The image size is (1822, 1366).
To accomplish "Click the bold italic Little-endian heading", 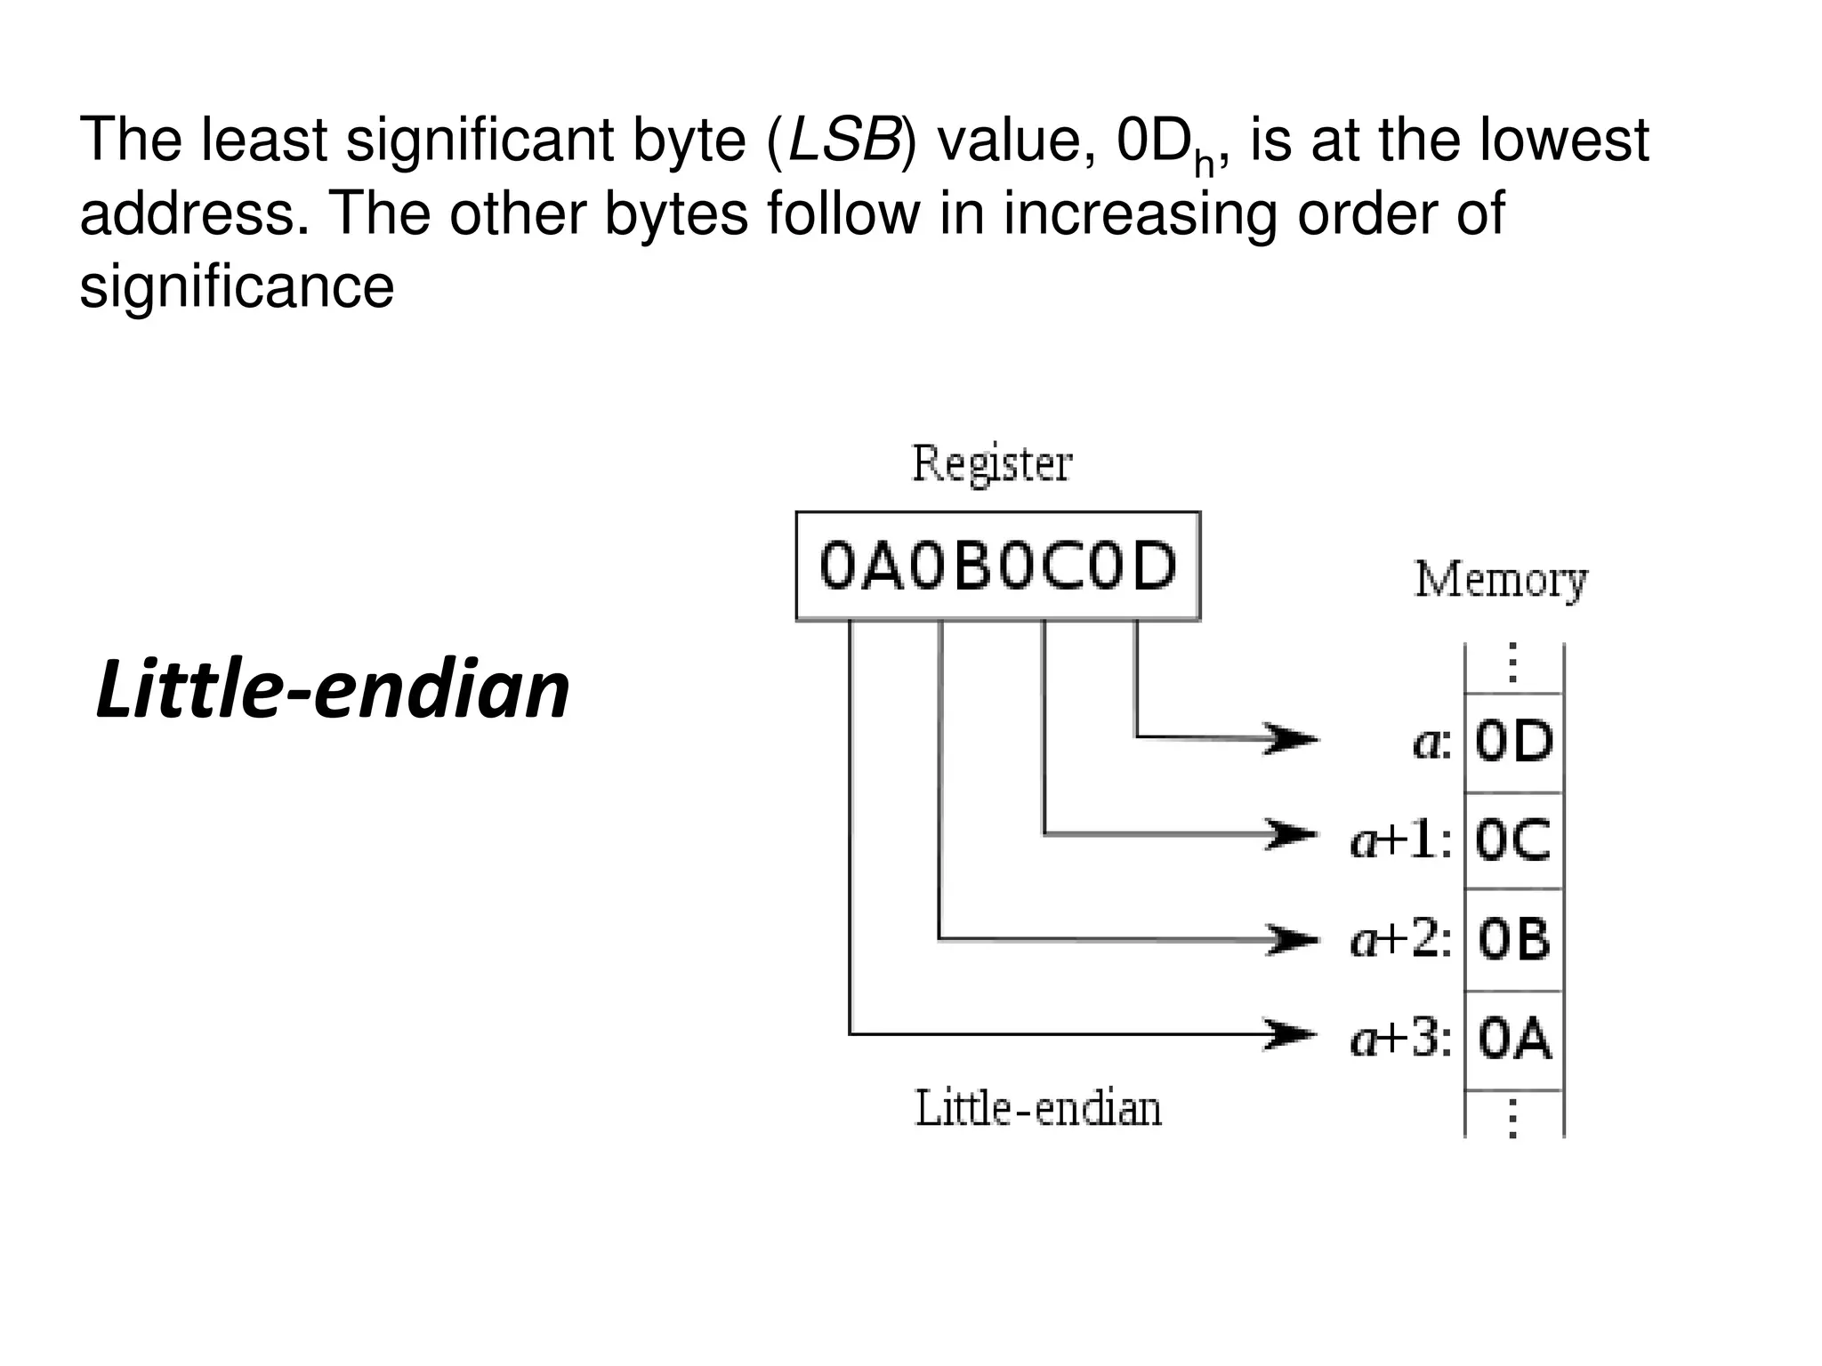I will pyautogui.click(x=332, y=690).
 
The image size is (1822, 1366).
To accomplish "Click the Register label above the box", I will pyautogui.click(x=992, y=464).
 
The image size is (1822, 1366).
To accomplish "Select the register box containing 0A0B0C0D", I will pyautogui.click(x=997, y=566).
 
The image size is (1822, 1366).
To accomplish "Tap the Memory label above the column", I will pyautogui.click(x=1501, y=580).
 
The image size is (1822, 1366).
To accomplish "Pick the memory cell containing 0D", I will pyautogui.click(x=1513, y=742).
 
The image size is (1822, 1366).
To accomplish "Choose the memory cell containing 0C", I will pyautogui.click(x=1513, y=840).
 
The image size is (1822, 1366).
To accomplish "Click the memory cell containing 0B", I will pyautogui.click(x=1513, y=939).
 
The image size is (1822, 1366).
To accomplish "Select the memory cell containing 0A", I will pyautogui.click(x=1513, y=1039).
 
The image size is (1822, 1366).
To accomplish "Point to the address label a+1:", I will pyautogui.click(x=1401, y=840).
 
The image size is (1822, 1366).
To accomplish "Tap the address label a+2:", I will pyautogui.click(x=1401, y=939).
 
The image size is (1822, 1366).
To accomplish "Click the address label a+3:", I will pyautogui.click(x=1401, y=1039).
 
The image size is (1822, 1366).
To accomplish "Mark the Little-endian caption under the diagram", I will pyautogui.click(x=1038, y=1109).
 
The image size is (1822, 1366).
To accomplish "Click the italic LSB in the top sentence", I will pyautogui.click(x=843, y=141).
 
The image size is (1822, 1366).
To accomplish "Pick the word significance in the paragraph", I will pyautogui.click(x=237, y=288).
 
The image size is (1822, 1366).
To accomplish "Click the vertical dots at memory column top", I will pyautogui.click(x=1512, y=663).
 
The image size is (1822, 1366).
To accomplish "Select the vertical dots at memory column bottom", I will pyautogui.click(x=1512, y=1119).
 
